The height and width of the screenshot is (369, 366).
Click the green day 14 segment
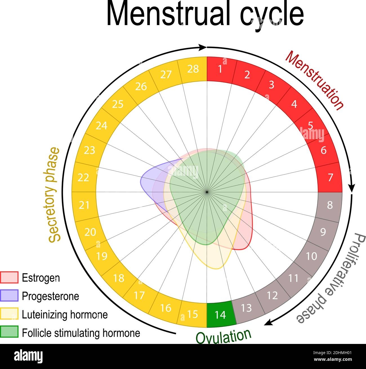(x=220, y=315)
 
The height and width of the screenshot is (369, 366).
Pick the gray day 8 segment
(x=330, y=205)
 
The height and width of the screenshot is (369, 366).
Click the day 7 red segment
(x=330, y=178)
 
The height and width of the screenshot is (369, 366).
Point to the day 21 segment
(x=84, y=205)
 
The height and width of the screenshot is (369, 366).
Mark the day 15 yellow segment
(x=193, y=314)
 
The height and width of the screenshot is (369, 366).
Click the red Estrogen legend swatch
(x=9, y=277)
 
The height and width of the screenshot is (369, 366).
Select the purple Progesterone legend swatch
(x=9, y=296)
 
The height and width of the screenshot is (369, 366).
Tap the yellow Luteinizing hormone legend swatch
(x=9, y=314)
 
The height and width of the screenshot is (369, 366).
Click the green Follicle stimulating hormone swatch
(x=9, y=332)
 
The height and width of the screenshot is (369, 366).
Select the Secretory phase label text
(x=54, y=195)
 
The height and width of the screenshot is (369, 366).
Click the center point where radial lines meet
(x=207, y=192)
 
